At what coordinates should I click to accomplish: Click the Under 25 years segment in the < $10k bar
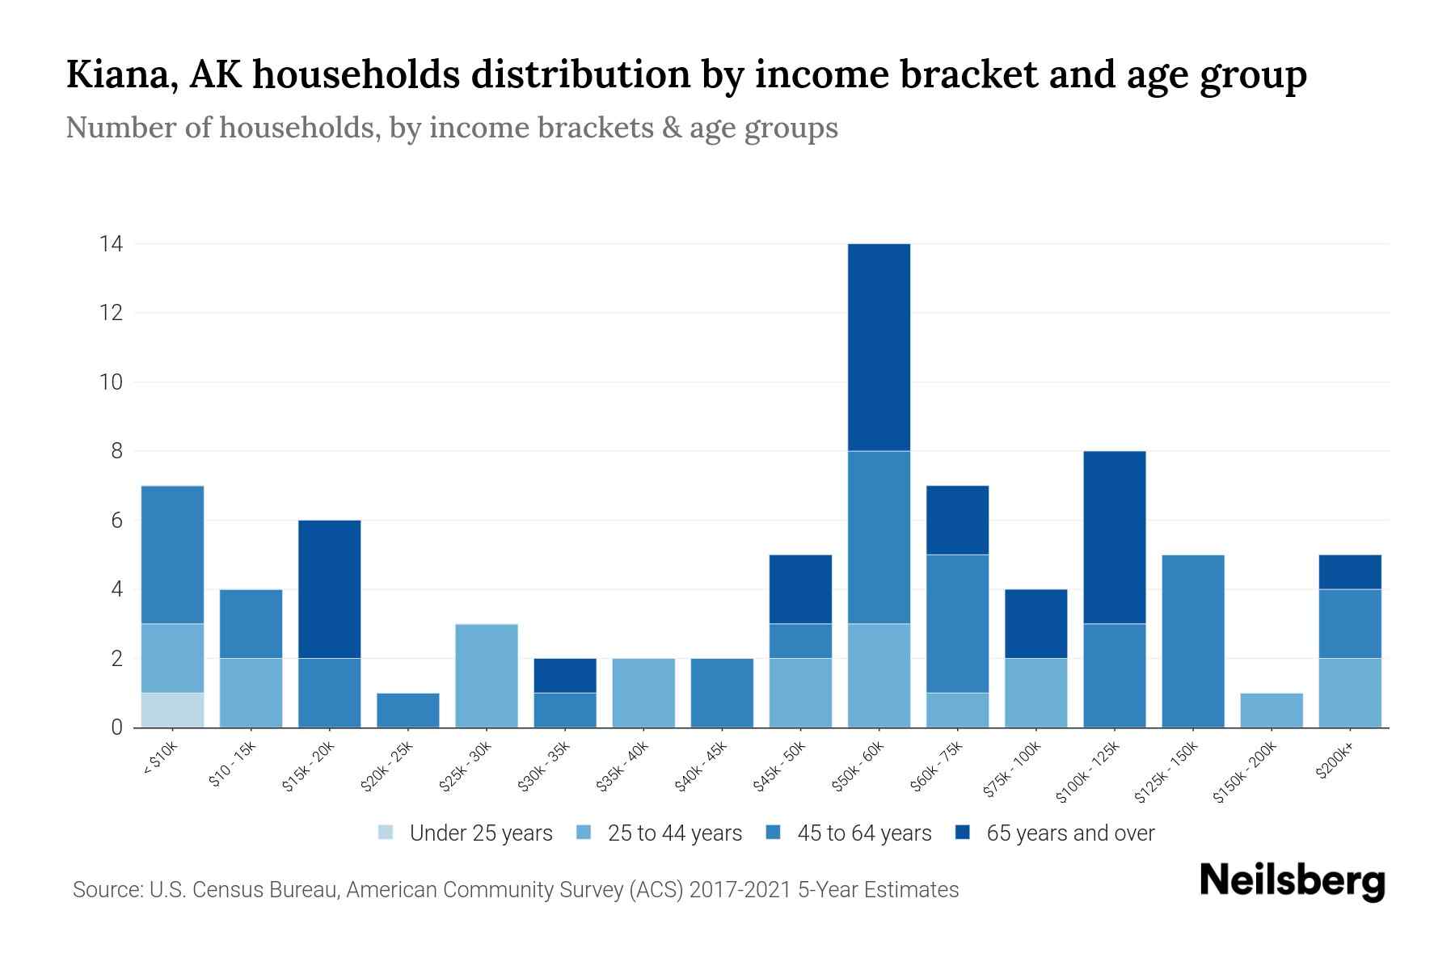tap(172, 710)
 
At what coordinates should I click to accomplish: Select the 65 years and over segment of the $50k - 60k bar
tap(879, 347)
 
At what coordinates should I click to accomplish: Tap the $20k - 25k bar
tap(407, 710)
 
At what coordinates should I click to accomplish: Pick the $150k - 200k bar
tap(1271, 710)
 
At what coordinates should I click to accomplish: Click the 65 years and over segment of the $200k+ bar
tap(1349, 571)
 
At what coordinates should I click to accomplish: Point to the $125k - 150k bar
tap(1192, 641)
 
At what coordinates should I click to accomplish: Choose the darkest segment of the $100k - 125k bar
tap(1114, 537)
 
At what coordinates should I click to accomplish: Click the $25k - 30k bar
tap(486, 676)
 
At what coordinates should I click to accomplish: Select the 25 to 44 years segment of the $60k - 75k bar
tap(957, 710)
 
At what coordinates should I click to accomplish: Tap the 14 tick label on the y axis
tap(111, 243)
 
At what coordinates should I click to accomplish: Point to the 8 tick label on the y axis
tap(117, 451)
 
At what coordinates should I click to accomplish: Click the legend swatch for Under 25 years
tap(386, 832)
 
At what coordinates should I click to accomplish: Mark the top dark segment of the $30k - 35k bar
tap(564, 675)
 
